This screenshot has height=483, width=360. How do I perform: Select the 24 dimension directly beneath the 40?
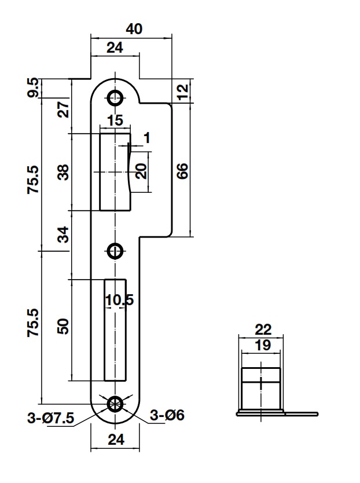[x=115, y=48]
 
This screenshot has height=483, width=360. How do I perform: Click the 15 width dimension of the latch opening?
[x=115, y=121]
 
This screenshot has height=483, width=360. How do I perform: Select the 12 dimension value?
[x=183, y=92]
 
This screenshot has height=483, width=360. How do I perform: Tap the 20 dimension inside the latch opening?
[x=141, y=171]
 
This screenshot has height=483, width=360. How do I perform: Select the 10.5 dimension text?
[x=119, y=300]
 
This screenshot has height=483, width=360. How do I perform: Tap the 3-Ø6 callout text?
[x=167, y=415]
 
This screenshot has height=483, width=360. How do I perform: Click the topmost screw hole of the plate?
[x=115, y=98]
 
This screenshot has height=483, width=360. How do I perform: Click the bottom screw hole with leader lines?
[x=115, y=404]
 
